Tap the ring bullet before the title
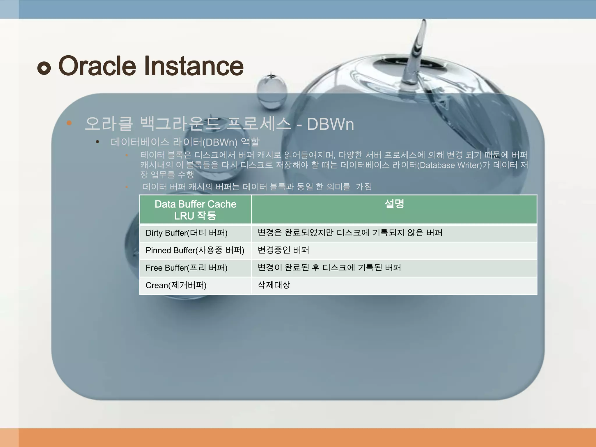click(x=44, y=68)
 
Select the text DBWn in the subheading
click(x=330, y=124)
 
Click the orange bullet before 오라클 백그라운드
click(x=69, y=123)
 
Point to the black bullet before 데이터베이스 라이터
click(x=97, y=142)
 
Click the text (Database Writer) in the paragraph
click(x=449, y=165)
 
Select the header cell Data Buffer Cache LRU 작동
click(x=195, y=210)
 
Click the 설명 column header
click(x=394, y=204)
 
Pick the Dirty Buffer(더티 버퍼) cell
click(x=187, y=233)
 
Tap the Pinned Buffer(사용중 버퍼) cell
click(x=195, y=250)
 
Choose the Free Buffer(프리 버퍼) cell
click(x=187, y=268)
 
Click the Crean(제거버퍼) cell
click(x=176, y=285)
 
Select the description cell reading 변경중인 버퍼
click(x=283, y=250)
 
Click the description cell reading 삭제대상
click(x=274, y=285)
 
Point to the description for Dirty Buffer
click(x=350, y=233)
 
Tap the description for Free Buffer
click(x=329, y=268)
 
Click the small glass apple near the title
click(x=272, y=92)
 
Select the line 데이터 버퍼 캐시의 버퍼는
click(x=257, y=187)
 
